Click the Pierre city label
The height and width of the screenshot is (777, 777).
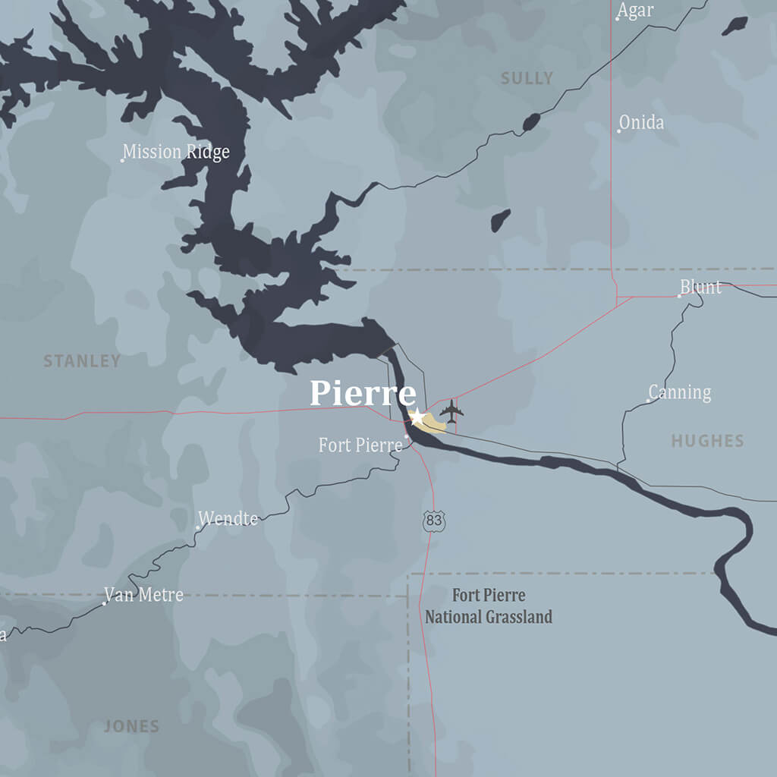click(363, 394)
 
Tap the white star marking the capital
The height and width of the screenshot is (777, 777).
click(417, 417)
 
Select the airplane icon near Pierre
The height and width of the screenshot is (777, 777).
click(451, 412)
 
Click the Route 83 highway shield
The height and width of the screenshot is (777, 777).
click(433, 521)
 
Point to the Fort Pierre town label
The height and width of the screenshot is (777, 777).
click(360, 445)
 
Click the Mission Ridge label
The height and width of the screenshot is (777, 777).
click(176, 152)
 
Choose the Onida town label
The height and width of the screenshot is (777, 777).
click(642, 122)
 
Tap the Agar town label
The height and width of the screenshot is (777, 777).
click(636, 11)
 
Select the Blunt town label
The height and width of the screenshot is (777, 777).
click(701, 287)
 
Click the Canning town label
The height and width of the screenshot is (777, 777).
click(681, 392)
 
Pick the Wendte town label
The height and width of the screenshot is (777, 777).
click(228, 519)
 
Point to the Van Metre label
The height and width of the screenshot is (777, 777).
click(144, 595)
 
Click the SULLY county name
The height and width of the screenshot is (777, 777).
click(527, 78)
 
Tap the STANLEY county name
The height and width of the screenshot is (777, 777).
click(82, 361)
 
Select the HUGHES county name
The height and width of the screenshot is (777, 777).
click(707, 441)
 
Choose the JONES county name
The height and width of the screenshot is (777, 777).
click(131, 727)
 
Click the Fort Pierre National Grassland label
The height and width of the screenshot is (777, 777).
click(488, 606)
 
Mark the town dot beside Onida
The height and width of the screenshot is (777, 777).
click(619, 131)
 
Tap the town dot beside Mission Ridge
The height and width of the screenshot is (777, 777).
click(122, 160)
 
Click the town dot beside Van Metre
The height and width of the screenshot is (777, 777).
click(104, 603)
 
